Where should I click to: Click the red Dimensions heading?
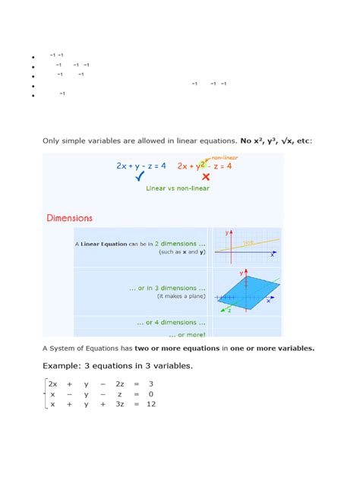69,218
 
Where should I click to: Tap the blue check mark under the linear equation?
139,177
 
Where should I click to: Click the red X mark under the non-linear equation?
206,177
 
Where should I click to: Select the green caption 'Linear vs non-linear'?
178,188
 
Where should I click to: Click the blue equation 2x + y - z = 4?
141,165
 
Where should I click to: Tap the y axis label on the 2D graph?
226,233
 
